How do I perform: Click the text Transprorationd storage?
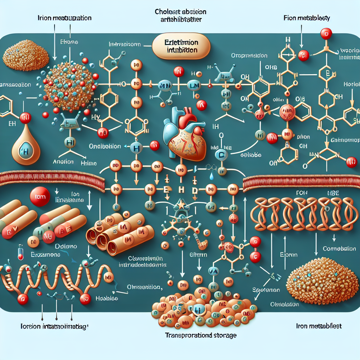[x=201, y=335]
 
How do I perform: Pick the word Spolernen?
[x=266, y=290]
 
